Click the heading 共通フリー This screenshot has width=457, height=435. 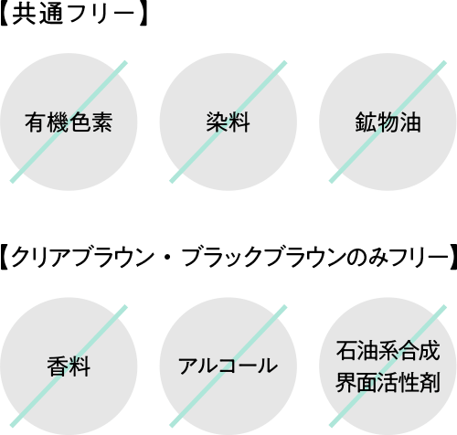click(x=73, y=15)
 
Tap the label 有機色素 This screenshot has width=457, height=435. click(x=69, y=122)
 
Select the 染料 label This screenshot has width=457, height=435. click(x=228, y=122)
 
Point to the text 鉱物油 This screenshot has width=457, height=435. click(x=388, y=122)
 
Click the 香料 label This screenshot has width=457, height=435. click(x=69, y=366)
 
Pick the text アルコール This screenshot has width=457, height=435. click(x=228, y=366)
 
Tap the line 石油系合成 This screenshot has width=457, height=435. click(x=388, y=351)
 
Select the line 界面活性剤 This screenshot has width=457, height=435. click(x=388, y=382)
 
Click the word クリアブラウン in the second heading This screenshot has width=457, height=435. click(x=82, y=258)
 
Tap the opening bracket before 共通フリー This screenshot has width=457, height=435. click(x=5, y=15)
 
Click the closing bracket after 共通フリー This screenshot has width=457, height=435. click(x=142, y=15)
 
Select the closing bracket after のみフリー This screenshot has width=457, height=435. click(x=453, y=258)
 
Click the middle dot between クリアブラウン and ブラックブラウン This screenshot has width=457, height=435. click(x=168, y=258)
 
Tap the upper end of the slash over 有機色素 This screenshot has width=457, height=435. click(x=125, y=62)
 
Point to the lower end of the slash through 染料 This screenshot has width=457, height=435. click(x=171, y=182)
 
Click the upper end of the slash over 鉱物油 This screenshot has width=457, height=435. click(x=444, y=62)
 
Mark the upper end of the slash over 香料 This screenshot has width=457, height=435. click(x=125, y=306)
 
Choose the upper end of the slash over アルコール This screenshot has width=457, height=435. click(x=285, y=306)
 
